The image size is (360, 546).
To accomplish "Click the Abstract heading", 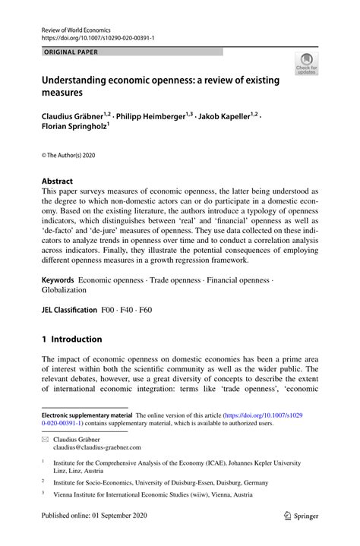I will coord(57,181).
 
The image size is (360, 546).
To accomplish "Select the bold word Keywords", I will coord(58,280).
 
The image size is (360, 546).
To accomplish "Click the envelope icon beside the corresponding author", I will coord(45,440).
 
